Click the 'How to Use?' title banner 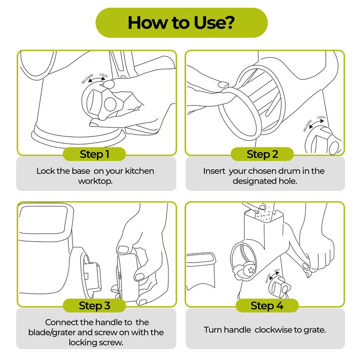181,23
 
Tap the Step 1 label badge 94,154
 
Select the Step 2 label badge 262,154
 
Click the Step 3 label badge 94,306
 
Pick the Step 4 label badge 267,306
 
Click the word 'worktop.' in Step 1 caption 95,181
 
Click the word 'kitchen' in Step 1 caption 139,171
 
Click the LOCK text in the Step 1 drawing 103,75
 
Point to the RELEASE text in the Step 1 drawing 87,79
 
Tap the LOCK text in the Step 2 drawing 321,117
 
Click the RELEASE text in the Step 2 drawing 307,126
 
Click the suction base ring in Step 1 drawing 78,137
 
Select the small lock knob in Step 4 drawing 280,286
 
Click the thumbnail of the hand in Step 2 223,85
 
